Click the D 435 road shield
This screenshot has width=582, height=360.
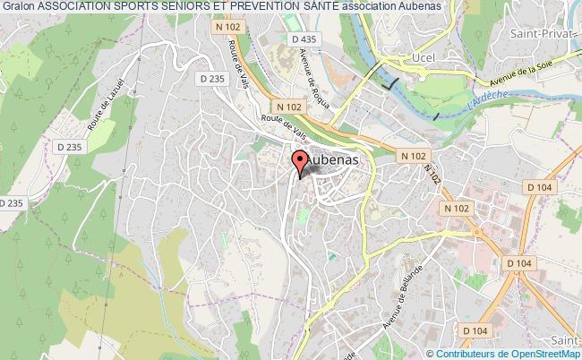[303, 40]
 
